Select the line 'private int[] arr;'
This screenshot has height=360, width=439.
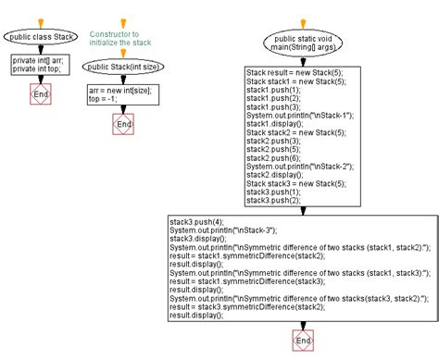(37, 59)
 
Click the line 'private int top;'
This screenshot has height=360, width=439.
(35, 68)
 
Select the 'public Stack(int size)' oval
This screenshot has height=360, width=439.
(122, 67)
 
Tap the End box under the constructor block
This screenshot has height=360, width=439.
(122, 123)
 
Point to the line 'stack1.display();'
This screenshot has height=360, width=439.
(275, 124)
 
